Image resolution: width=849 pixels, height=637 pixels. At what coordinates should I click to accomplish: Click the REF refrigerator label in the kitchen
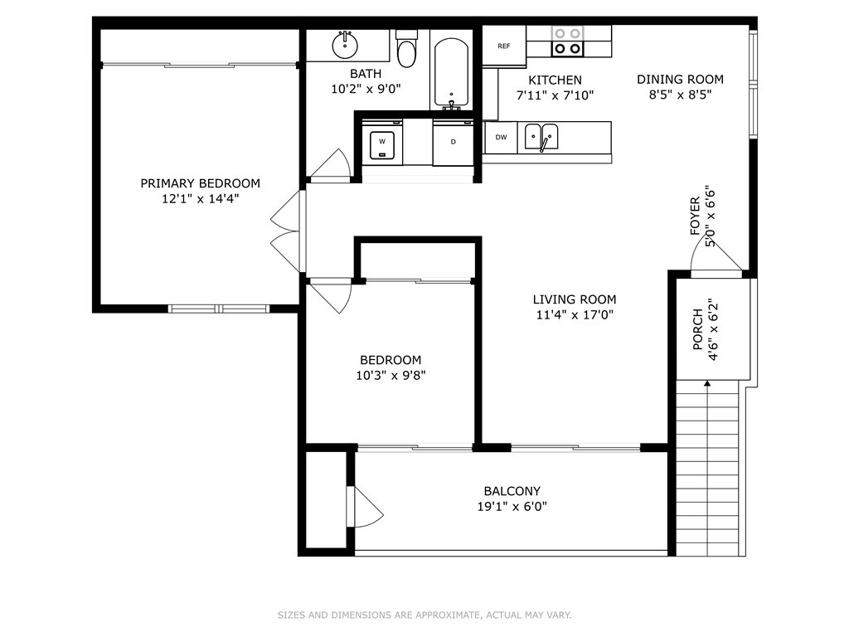503,46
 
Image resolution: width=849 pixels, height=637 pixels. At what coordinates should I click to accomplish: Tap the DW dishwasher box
501,138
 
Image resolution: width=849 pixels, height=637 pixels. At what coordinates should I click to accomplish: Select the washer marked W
382,143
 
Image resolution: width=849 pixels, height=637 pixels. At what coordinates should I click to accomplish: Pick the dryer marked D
454,143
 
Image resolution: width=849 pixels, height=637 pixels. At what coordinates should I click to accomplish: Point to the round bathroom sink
345,45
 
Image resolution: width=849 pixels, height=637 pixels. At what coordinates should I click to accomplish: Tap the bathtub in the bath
451,73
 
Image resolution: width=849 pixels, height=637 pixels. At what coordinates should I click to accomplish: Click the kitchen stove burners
567,41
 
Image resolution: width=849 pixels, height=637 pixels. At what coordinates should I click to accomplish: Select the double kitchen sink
541,137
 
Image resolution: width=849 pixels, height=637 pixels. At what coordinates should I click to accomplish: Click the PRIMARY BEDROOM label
201,183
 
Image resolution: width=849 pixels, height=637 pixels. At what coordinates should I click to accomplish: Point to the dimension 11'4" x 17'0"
575,314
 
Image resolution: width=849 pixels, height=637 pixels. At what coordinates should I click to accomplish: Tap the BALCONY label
512,491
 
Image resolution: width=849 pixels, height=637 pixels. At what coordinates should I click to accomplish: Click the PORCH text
698,329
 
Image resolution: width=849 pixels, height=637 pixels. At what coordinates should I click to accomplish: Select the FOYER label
696,216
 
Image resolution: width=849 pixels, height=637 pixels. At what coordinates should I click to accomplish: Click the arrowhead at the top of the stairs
707,383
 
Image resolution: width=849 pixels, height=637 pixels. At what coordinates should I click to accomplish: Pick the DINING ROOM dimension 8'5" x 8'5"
680,95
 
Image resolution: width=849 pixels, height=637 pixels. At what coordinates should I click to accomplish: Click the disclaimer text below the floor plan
424,615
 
